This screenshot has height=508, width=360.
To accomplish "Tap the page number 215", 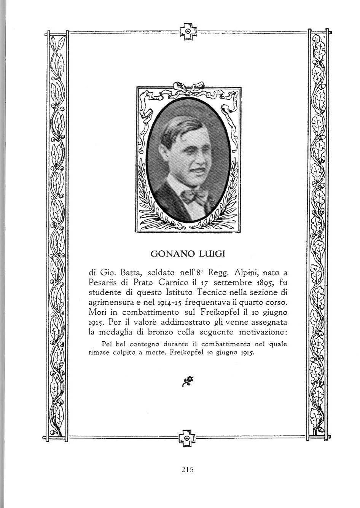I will point(187,469).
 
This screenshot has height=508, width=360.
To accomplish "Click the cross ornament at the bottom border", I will point(186,438).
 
